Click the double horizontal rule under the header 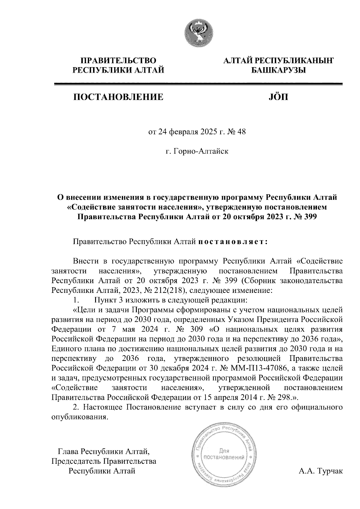pos(198,84)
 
